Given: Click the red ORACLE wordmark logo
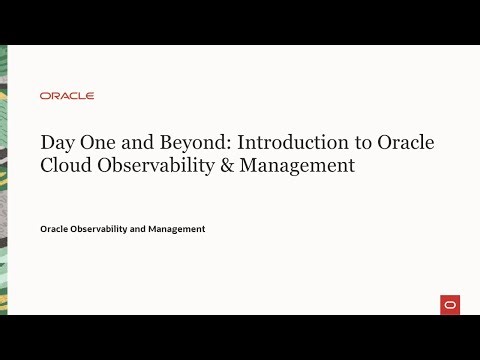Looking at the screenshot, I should [67, 96].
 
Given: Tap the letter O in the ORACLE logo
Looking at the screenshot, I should [45, 96].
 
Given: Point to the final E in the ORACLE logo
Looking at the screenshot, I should [90, 96].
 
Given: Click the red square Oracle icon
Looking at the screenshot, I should [449, 304].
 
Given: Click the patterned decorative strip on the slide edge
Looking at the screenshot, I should [3, 180].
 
